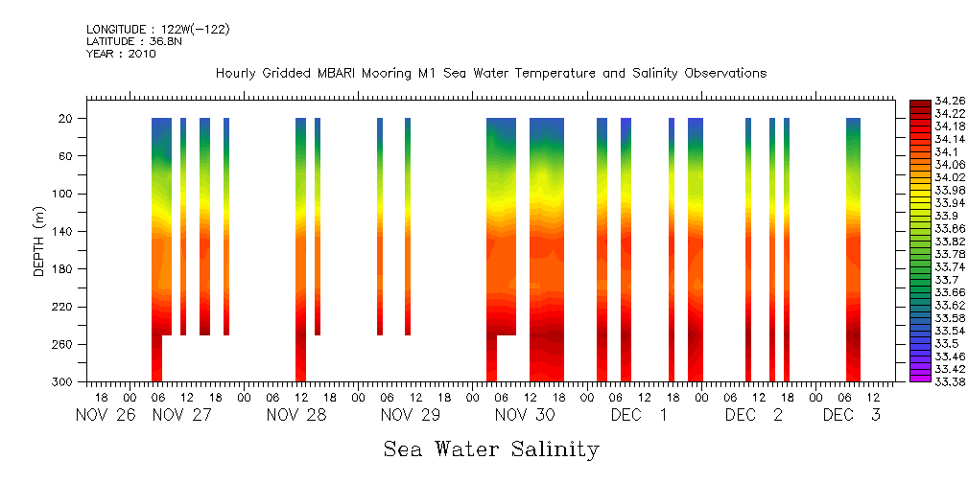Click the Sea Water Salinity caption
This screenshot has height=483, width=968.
(491, 448)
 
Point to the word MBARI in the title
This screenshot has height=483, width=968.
(365, 74)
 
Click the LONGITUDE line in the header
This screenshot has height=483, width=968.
(157, 29)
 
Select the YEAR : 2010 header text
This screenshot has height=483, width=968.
(121, 54)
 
